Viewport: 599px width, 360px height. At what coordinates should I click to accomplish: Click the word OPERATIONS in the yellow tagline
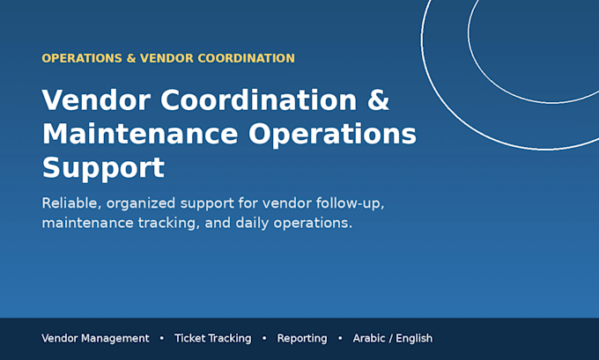tap(82, 58)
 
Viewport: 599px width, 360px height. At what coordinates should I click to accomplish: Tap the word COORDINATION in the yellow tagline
tap(246, 58)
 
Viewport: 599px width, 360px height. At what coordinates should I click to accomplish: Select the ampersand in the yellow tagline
tap(131, 58)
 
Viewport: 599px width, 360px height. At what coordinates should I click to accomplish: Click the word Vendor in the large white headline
tap(96, 100)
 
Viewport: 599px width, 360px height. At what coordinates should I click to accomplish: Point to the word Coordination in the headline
tap(259, 100)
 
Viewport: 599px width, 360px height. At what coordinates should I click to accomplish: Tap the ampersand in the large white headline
tap(378, 100)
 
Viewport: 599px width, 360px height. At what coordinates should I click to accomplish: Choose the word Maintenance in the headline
tap(140, 134)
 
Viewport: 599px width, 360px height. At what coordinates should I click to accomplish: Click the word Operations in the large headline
tap(332, 135)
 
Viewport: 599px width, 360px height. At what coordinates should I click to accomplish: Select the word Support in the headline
tap(103, 168)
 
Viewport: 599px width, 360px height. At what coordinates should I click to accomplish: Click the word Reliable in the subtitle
tap(71, 203)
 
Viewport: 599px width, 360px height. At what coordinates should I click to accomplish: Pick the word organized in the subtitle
tap(141, 204)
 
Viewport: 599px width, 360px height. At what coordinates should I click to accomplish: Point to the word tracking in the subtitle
tap(168, 224)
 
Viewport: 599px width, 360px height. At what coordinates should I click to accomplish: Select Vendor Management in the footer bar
tap(95, 339)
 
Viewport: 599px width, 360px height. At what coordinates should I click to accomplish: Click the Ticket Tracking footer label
tap(213, 339)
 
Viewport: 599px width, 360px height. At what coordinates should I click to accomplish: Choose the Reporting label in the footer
tap(302, 339)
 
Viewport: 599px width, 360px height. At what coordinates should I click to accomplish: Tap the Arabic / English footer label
tap(393, 339)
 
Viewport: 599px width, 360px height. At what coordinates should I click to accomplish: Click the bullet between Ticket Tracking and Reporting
tap(264, 338)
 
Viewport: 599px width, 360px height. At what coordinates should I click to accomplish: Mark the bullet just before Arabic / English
tap(340, 338)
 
